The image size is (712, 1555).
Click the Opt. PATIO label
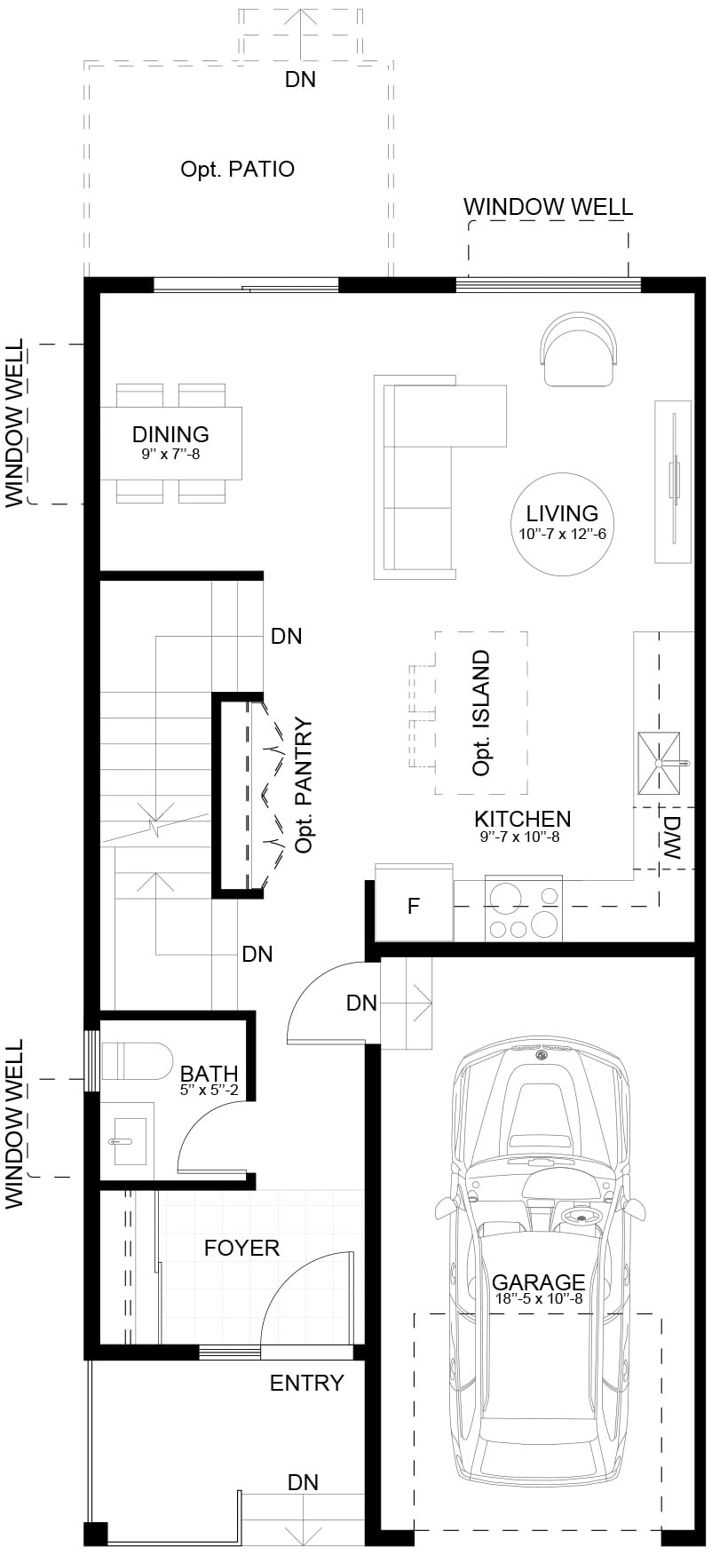(237, 169)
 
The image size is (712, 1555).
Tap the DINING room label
(170, 434)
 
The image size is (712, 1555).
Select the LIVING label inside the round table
(562, 512)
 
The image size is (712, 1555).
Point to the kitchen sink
(661, 763)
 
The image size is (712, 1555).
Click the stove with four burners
(523, 908)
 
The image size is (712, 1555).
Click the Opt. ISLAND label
(481, 714)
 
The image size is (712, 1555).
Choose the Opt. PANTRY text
(305, 786)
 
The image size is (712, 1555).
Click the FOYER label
(241, 1248)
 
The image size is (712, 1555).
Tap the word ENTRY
(306, 1383)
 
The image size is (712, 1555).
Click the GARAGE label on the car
(538, 1282)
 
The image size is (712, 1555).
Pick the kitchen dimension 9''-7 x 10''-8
(519, 836)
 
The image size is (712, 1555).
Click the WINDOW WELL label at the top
(548, 207)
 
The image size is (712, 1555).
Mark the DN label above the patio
(300, 79)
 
